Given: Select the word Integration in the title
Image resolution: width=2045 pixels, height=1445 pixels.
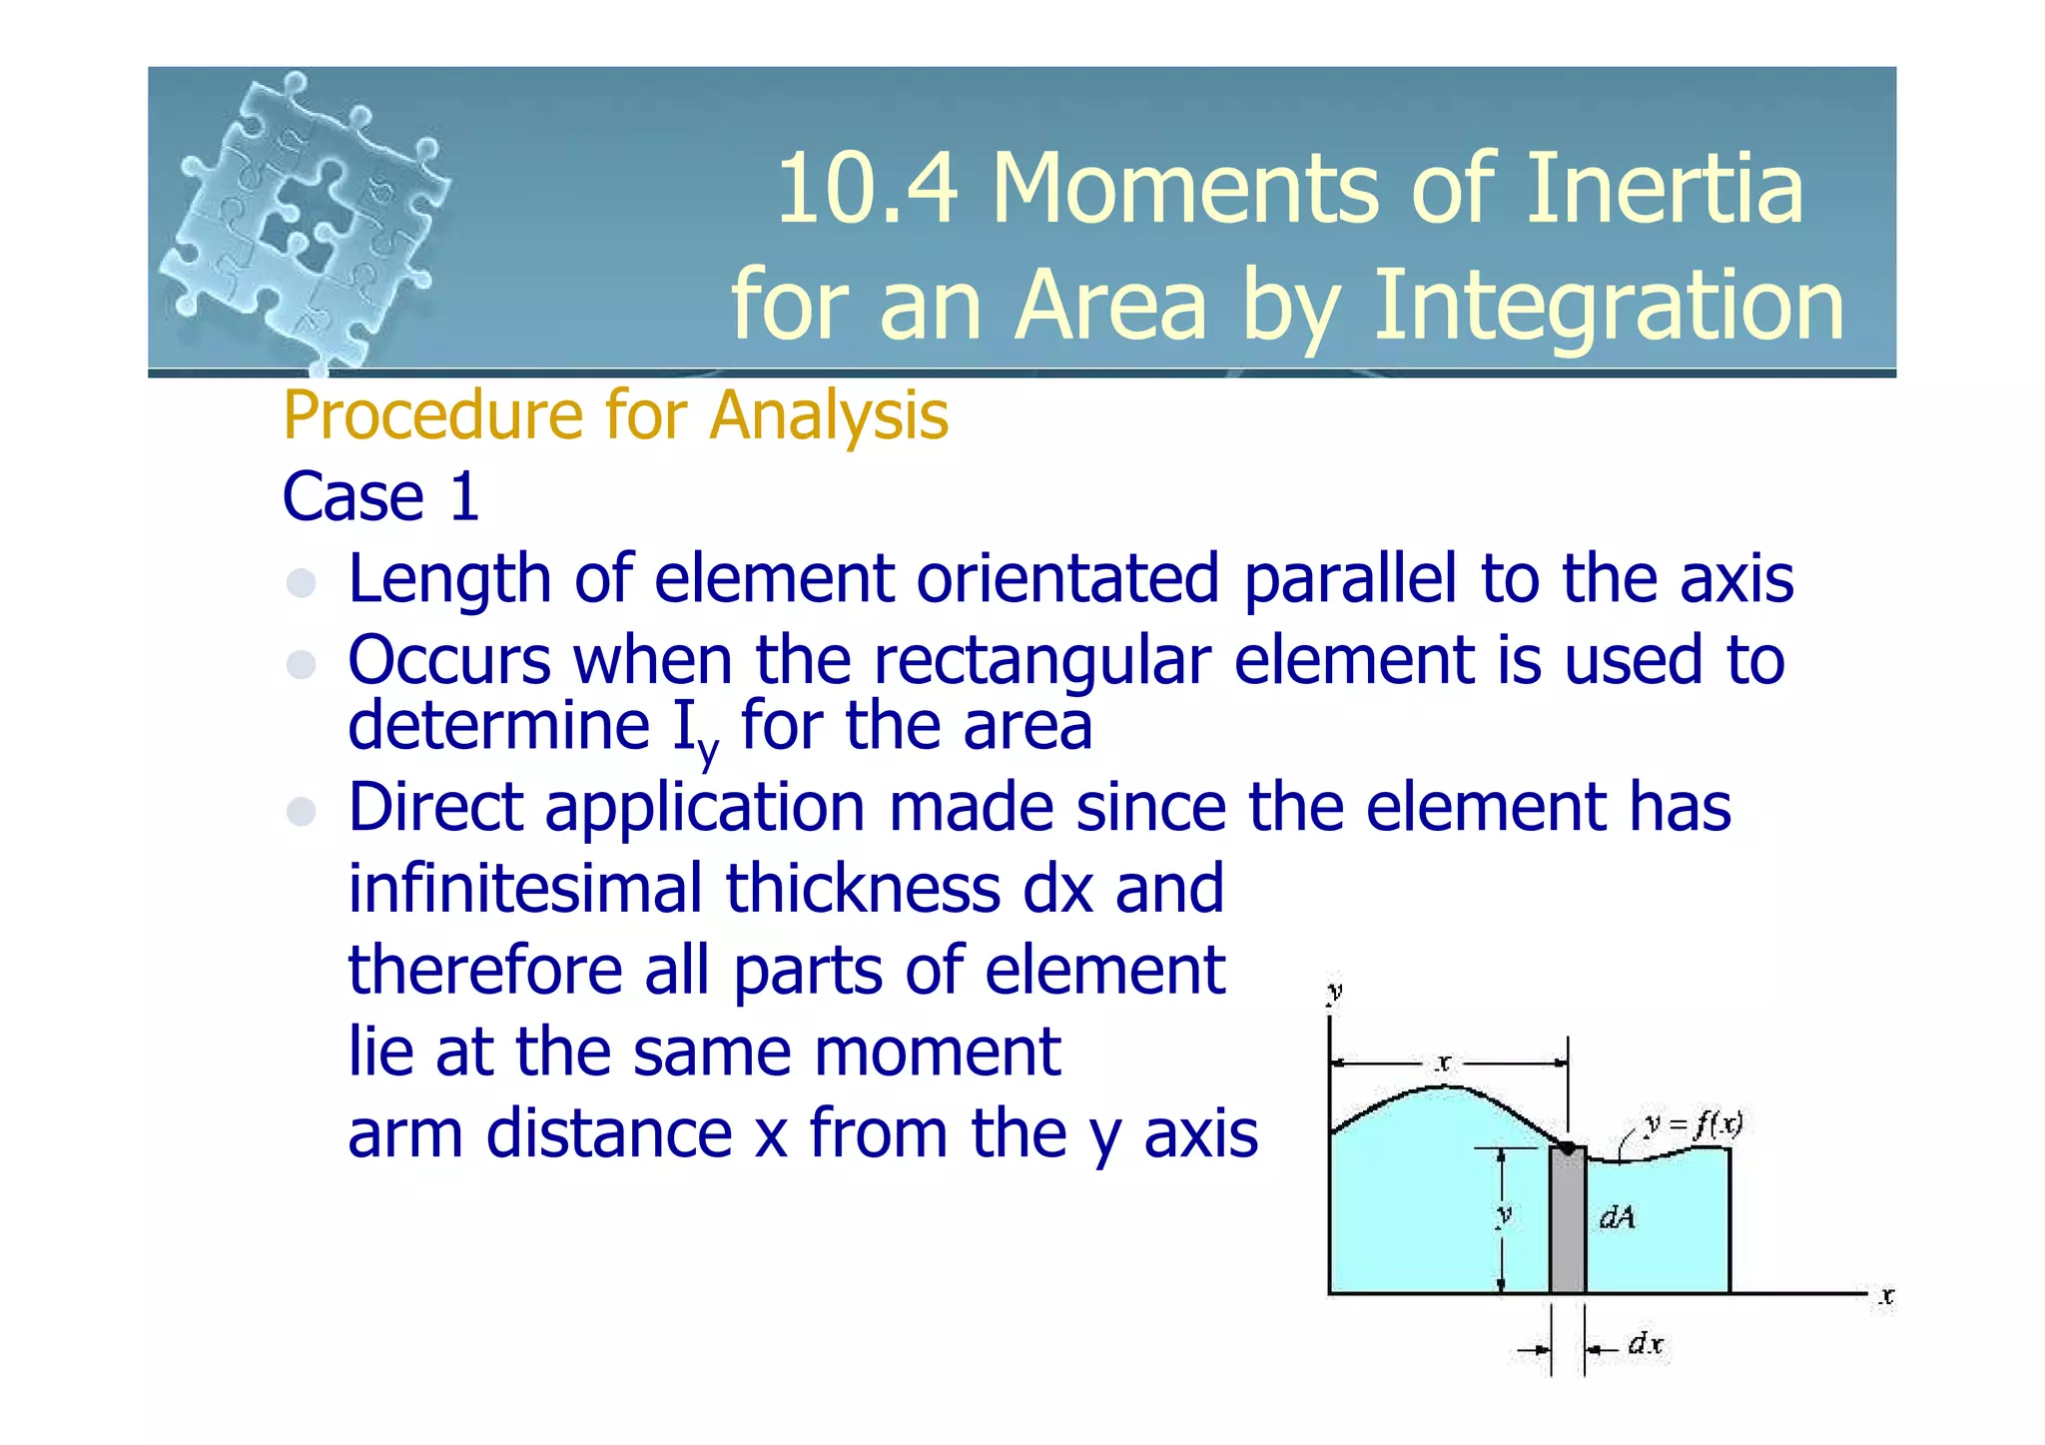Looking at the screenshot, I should point(1609,305).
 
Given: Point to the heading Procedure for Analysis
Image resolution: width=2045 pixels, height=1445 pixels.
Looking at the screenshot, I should point(615,414).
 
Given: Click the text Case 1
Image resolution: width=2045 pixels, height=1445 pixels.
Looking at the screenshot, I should point(380,496).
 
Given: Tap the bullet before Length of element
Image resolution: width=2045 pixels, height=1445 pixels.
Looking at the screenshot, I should point(301,582).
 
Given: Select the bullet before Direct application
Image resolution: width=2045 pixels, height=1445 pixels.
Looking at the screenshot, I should point(301,811).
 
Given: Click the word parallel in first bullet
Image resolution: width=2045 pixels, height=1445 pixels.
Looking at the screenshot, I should point(1350,578).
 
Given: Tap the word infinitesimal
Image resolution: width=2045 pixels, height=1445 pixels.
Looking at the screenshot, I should point(524,888).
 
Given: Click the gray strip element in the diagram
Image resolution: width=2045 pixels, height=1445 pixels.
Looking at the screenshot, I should point(1567,1223).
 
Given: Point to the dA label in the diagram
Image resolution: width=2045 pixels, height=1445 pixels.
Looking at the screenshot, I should point(1618,1217).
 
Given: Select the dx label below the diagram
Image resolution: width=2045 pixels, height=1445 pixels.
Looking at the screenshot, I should point(1646,1344).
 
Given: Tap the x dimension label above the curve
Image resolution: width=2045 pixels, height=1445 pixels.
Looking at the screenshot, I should point(1443,1064).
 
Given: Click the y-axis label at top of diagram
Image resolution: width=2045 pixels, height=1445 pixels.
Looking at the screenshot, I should point(1334,991).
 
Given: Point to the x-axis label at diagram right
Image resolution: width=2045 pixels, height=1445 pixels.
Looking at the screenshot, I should point(1885,1296).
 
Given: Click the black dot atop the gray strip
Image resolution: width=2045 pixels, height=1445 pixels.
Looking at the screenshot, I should point(1568,1148).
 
